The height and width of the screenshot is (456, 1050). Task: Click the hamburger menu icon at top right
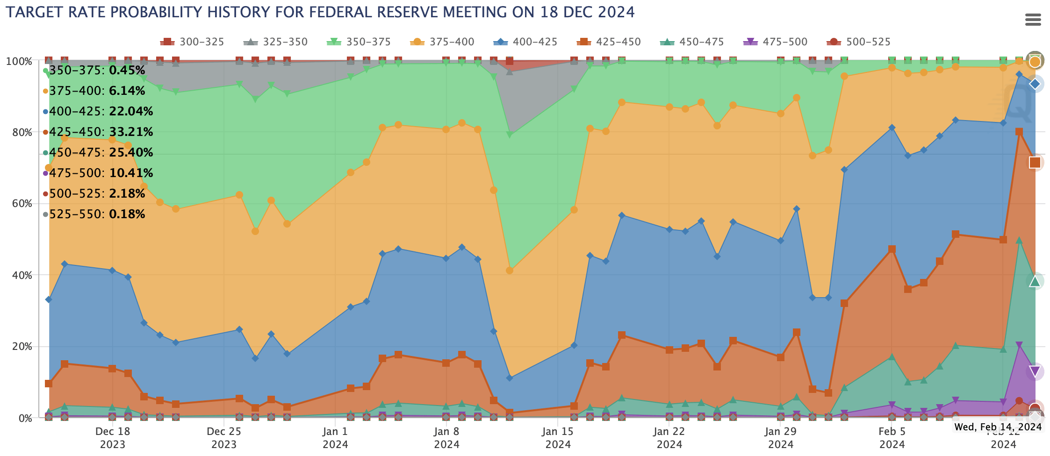tap(1032, 20)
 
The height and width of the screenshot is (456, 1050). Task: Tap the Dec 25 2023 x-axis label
tap(223, 437)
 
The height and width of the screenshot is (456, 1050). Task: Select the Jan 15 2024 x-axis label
tap(558, 437)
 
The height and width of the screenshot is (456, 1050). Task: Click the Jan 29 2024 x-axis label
tap(780, 437)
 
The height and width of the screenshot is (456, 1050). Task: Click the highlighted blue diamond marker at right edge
tap(1035, 84)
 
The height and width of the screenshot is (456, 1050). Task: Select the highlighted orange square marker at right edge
tap(1035, 163)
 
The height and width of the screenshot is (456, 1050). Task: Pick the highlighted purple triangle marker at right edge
tap(1035, 371)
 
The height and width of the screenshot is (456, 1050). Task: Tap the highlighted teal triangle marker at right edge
tap(1035, 281)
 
